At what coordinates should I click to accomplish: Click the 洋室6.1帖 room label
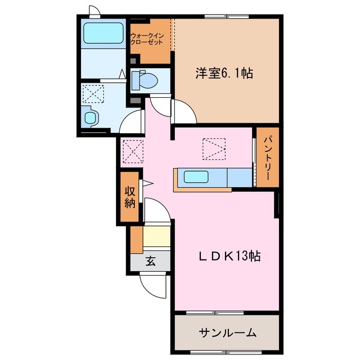click(224, 73)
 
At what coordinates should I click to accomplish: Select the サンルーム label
click(227, 332)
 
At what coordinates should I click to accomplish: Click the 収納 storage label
click(130, 196)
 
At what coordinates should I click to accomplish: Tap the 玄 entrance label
click(151, 260)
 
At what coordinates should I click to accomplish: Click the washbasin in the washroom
click(91, 117)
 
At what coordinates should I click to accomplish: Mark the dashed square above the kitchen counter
click(214, 149)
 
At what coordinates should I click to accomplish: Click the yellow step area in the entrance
click(156, 236)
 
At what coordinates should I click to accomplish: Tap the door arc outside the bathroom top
click(94, 11)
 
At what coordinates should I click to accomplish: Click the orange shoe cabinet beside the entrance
click(136, 238)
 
